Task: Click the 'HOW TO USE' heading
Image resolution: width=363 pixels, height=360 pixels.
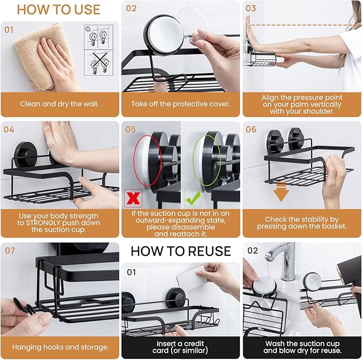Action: coord(59,10)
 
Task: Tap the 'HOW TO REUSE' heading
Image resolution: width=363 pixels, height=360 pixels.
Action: coord(181,251)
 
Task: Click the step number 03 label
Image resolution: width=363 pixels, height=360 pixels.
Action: coord(251,9)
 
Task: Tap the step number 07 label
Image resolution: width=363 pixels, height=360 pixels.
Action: coord(9,251)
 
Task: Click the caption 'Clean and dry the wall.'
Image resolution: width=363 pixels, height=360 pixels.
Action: coord(60,104)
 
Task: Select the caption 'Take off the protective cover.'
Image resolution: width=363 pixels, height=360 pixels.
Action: coord(181,104)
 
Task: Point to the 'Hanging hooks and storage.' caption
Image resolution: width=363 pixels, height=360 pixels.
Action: coord(60,347)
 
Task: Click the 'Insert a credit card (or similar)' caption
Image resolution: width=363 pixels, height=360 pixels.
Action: coord(181,347)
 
